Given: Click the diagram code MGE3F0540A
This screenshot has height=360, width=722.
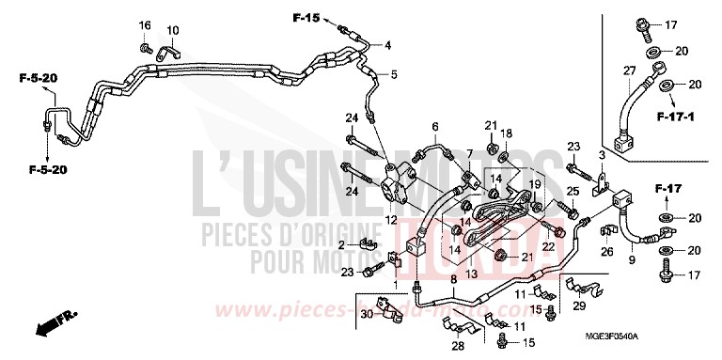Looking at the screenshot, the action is pyautogui.click(x=665, y=336).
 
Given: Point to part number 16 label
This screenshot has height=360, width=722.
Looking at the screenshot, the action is pyautogui.click(x=145, y=24).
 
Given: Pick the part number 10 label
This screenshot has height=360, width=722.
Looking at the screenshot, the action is pyautogui.click(x=173, y=31).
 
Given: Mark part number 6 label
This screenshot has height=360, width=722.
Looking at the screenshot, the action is pyautogui.click(x=435, y=126).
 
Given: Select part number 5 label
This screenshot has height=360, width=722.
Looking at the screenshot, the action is pyautogui.click(x=393, y=74).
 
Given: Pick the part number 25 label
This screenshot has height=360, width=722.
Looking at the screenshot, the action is pyautogui.click(x=573, y=192).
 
